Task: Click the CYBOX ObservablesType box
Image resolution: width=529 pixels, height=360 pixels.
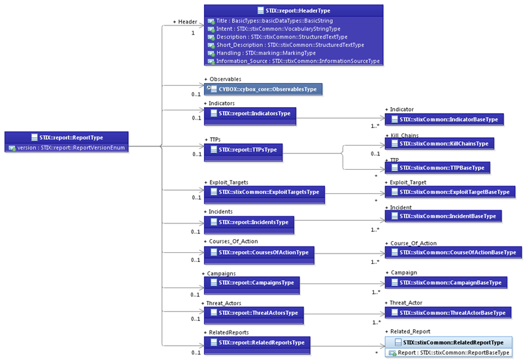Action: point(263,90)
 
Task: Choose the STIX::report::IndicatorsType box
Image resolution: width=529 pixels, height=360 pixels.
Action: point(250,116)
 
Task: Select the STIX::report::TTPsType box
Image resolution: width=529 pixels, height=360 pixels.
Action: point(243,152)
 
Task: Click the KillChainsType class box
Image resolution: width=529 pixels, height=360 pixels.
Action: point(439,144)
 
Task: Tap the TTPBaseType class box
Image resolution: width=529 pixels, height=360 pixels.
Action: point(437,167)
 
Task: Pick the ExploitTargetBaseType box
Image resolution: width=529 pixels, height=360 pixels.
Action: point(450,192)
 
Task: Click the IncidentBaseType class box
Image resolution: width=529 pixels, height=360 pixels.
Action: point(443,216)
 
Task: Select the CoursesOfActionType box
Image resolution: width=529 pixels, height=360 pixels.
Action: point(259,255)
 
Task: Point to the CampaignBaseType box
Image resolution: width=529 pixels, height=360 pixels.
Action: point(446,282)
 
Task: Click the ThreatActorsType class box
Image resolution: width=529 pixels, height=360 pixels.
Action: point(254,316)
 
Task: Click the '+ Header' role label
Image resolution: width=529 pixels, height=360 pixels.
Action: point(185,22)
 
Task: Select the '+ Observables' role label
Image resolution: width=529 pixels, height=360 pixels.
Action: point(223,79)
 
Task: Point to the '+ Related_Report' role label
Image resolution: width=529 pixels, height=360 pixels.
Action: point(407,332)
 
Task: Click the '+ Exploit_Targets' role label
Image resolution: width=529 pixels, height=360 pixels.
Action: point(226,182)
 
